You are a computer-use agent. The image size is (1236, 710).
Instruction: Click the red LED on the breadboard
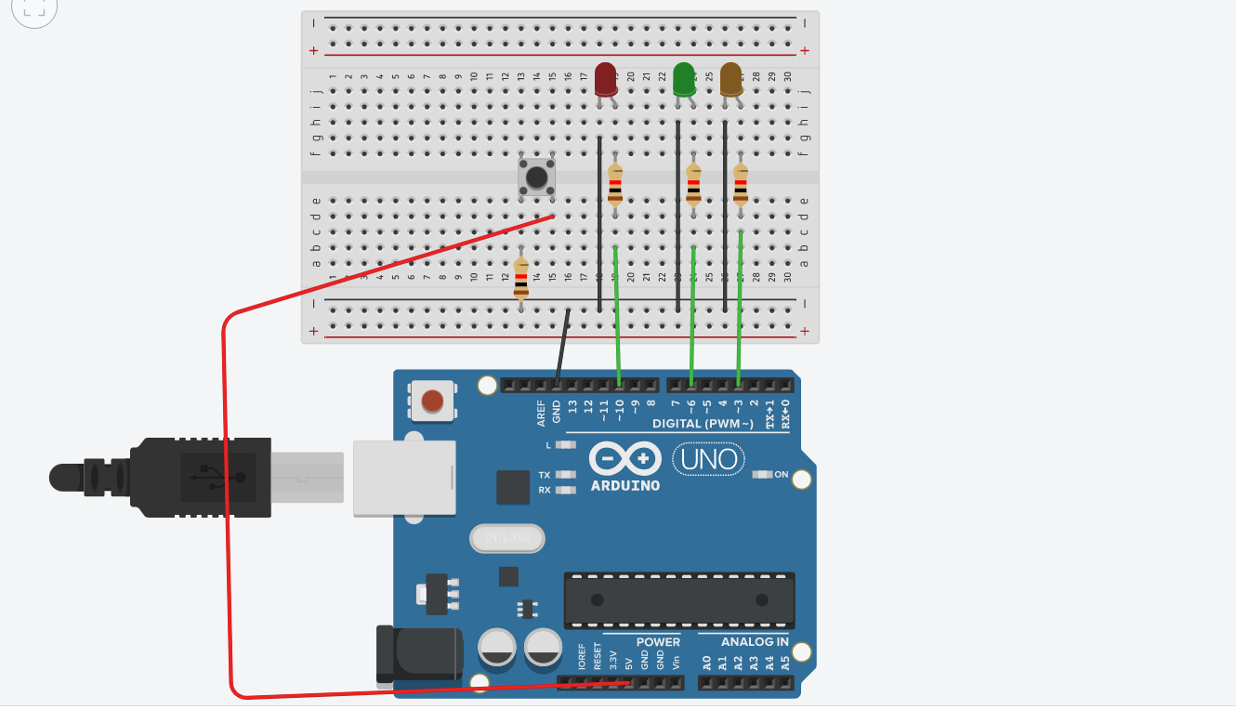pyautogui.click(x=605, y=79)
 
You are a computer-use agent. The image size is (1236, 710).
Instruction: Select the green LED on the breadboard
pyautogui.click(x=684, y=79)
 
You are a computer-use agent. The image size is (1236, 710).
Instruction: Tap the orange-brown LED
pyautogui.click(x=731, y=79)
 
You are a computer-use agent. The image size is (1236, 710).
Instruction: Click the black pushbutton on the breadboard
pyautogui.click(x=535, y=177)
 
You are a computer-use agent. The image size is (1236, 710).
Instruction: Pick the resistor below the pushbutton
pyautogui.click(x=521, y=280)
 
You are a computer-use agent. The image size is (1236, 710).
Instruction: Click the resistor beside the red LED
pyautogui.click(x=615, y=183)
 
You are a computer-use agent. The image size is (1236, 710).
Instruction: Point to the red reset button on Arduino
pyautogui.click(x=432, y=401)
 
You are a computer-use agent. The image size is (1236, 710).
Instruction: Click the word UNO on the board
pyautogui.click(x=709, y=458)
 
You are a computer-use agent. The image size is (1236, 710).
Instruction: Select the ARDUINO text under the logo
pyautogui.click(x=625, y=485)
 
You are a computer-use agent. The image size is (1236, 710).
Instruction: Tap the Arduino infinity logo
pyautogui.click(x=625, y=458)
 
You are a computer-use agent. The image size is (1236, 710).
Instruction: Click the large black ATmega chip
pyautogui.click(x=679, y=599)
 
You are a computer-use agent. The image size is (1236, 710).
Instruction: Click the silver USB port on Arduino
pyautogui.click(x=404, y=478)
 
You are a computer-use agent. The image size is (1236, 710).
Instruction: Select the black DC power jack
pyautogui.click(x=418, y=656)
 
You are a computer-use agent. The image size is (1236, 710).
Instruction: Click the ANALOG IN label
pyautogui.click(x=755, y=642)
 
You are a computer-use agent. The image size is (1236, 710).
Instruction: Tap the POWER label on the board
pyautogui.click(x=658, y=642)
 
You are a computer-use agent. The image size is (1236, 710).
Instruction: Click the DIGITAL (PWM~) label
pyautogui.click(x=703, y=424)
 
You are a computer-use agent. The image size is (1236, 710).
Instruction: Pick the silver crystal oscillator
pyautogui.click(x=507, y=538)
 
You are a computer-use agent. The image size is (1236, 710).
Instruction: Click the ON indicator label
pyautogui.click(x=781, y=475)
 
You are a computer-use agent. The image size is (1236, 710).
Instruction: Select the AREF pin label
pyautogui.click(x=542, y=414)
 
